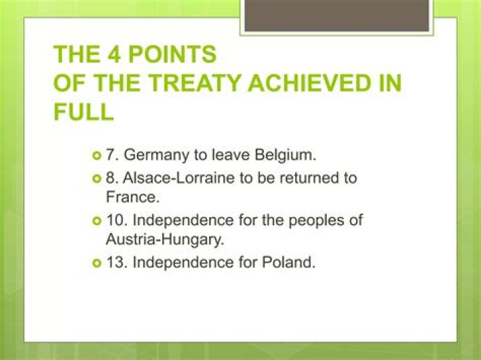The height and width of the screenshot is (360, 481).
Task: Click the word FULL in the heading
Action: click(x=84, y=111)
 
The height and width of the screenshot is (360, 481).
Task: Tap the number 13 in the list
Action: click(x=115, y=262)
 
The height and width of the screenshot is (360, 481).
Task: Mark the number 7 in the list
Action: click(x=111, y=155)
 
